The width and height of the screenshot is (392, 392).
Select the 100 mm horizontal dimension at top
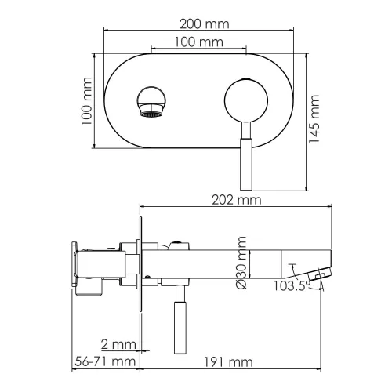pos(197,42)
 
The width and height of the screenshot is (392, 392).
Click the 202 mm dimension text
pos(235,200)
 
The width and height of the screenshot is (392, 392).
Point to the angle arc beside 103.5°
pos(319,287)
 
